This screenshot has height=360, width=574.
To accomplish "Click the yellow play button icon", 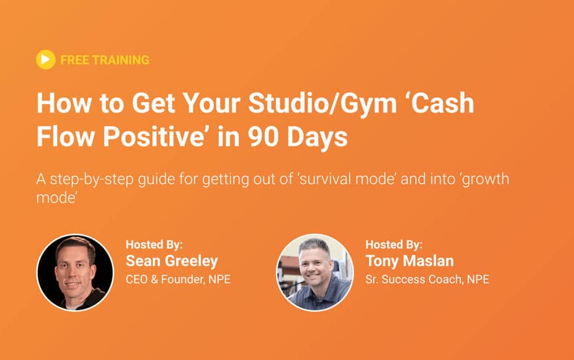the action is coord(46,59).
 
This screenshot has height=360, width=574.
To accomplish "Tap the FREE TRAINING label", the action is coord(105,60).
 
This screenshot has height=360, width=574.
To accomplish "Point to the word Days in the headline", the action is coord(317,138).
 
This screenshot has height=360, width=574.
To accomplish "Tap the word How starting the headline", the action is coord(64,104).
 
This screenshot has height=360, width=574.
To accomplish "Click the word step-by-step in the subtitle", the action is coord(92,180).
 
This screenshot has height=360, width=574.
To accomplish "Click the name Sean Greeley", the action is coord(172,261).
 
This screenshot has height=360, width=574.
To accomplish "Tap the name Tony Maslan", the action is coord(409,261).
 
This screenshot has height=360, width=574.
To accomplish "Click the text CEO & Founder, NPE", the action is coord(178,279).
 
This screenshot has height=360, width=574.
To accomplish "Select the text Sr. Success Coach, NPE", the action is coord(427,279).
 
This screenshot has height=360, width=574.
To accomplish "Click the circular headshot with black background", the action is coord(75,273).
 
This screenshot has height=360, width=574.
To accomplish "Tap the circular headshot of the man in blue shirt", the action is coord(315,273).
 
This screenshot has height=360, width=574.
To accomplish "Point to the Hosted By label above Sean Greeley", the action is coord(154,245).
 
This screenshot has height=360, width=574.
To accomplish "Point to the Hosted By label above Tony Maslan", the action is coord(394,245).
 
